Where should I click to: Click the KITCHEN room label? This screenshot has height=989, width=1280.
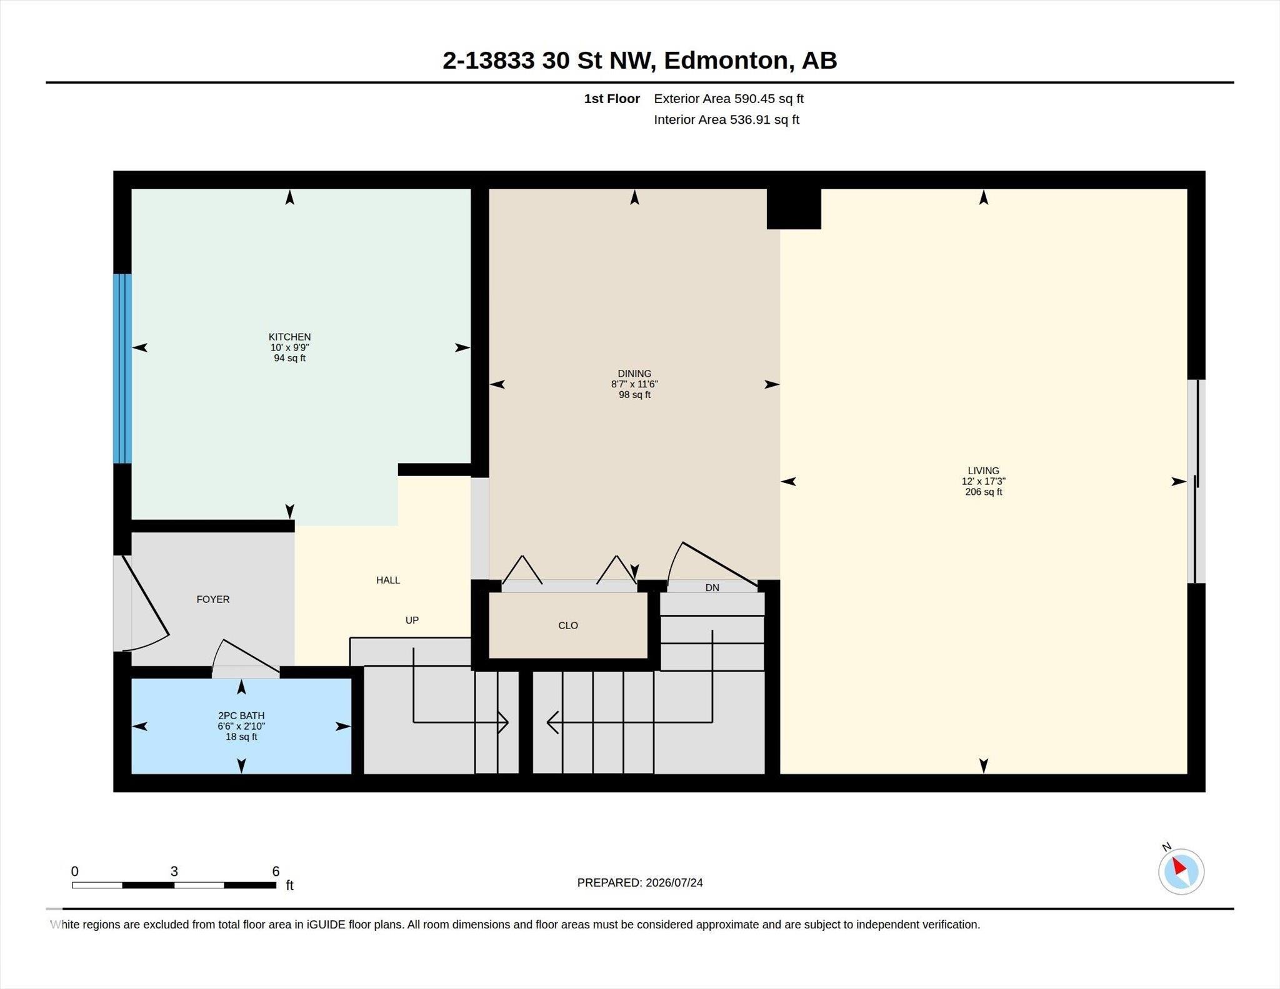point(289,337)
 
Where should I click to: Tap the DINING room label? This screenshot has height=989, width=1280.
point(634,374)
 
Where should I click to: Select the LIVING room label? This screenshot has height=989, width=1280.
point(983,470)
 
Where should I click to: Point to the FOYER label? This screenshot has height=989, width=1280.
point(213,599)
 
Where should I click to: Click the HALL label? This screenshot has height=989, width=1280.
point(388,580)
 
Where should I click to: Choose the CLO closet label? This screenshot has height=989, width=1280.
point(568,625)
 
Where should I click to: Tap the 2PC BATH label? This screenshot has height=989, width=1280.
point(241,715)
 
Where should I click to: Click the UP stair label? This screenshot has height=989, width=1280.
point(412,620)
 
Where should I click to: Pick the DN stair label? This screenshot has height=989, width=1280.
point(712,587)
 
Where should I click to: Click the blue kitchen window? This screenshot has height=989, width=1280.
point(122,369)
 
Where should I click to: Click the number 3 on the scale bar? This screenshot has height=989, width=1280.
point(174,871)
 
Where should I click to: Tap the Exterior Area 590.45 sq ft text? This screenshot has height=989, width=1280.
point(729,99)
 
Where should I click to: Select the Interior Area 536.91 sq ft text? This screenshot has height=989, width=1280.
point(727,119)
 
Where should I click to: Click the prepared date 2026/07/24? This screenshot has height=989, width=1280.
point(674,883)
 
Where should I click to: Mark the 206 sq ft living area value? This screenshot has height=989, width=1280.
point(983,492)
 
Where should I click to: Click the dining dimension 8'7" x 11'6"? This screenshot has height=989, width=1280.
point(634,384)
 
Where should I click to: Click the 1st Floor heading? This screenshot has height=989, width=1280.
point(612,99)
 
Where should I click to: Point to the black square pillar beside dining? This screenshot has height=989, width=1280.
point(794,209)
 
